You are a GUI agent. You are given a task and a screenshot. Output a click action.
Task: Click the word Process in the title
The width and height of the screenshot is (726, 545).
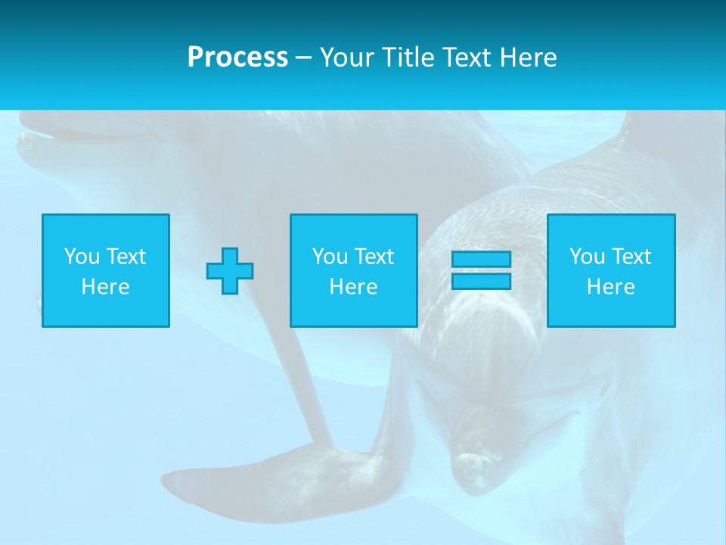pyautogui.click(x=237, y=58)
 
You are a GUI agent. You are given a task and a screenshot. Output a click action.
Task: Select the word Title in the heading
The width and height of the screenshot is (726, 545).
pyautogui.click(x=407, y=58)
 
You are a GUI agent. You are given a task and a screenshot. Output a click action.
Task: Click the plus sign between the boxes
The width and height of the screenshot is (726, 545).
pyautogui.click(x=230, y=271)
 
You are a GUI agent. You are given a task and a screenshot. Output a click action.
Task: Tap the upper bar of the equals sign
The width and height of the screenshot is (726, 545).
pyautogui.click(x=481, y=260)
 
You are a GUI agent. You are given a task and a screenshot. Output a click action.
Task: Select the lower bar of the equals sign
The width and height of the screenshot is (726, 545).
pyautogui.click(x=481, y=281)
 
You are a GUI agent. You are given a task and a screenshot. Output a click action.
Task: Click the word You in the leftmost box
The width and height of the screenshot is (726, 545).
pyautogui.click(x=82, y=257)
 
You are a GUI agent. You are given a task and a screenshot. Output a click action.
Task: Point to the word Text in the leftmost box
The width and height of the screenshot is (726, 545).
pyautogui.click(x=126, y=257)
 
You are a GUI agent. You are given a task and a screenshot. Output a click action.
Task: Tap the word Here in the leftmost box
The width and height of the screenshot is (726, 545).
pyautogui.click(x=105, y=287)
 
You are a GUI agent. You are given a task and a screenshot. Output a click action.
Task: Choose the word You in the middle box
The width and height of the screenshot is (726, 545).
pyautogui.click(x=330, y=257)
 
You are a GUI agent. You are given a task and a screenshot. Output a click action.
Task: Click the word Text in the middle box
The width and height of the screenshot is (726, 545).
pyautogui.click(x=374, y=257)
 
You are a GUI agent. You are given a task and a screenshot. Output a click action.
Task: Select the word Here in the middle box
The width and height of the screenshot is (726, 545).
pyautogui.click(x=353, y=287)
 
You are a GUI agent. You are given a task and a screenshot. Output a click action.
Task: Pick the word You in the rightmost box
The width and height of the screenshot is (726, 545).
pyautogui.click(x=587, y=257)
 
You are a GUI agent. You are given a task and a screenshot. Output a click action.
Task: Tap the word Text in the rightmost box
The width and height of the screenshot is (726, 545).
pyautogui.click(x=631, y=257)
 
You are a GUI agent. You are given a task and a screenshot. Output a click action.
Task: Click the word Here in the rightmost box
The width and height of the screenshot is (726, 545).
pyautogui.click(x=610, y=287)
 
